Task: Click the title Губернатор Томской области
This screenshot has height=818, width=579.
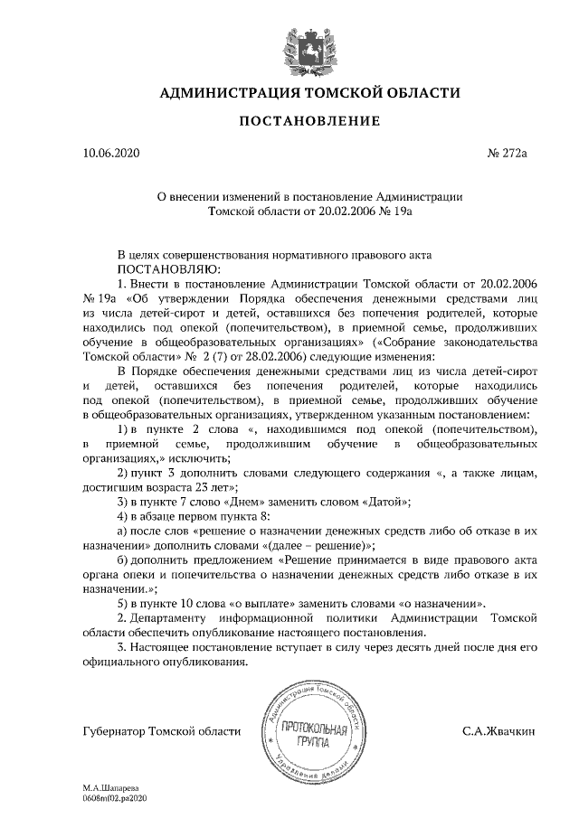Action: tap(162, 730)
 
